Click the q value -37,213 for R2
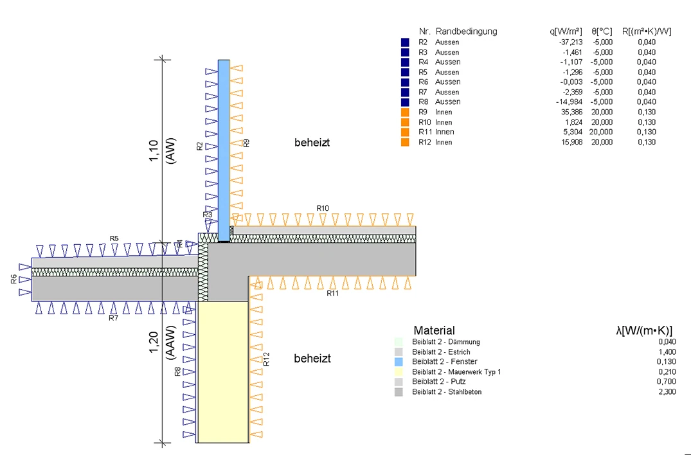pos(571,42)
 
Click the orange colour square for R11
pos(404,132)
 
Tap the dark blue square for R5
pos(404,72)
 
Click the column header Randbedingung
pos(466,31)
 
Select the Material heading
pos(434,330)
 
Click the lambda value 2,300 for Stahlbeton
pos(667,391)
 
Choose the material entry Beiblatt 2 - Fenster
pos(444,362)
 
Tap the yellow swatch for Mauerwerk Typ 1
pos(399,371)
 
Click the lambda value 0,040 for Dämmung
pos(667,342)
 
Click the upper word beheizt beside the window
pos(312,143)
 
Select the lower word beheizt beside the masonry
pos(312,359)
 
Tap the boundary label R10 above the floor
pos(323,208)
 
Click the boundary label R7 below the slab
pos(114,317)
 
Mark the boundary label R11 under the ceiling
pos(332,293)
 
